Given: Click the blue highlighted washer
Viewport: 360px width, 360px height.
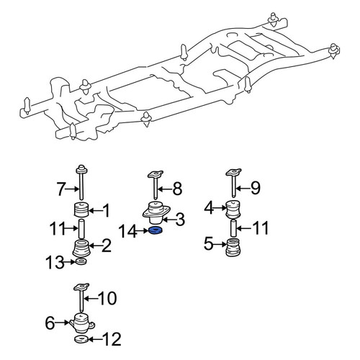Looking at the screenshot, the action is (156, 230).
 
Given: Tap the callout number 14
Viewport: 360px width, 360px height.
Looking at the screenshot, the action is (128, 231).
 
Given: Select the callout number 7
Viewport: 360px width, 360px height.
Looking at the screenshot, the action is (60, 189).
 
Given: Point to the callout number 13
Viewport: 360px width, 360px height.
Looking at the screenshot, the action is (55, 262).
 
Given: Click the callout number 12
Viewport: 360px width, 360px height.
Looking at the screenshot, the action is (112, 339).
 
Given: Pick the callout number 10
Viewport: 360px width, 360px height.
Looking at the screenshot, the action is (108, 298).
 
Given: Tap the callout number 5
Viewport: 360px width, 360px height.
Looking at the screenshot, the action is (209, 244).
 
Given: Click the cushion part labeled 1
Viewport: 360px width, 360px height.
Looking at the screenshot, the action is (81, 210).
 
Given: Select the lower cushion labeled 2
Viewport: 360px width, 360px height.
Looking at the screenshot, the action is (81, 248).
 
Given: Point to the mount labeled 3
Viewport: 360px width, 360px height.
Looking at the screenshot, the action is (156, 213).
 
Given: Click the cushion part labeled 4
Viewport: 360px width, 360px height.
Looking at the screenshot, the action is (233, 209).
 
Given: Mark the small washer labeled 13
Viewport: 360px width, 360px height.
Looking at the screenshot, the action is (81, 261).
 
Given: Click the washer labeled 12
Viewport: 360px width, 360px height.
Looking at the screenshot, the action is (81, 339).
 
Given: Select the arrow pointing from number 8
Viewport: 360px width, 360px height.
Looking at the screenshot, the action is (165, 189).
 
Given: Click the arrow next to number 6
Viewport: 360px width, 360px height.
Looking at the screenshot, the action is (63, 323).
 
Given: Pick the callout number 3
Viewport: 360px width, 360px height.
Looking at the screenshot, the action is (180, 219).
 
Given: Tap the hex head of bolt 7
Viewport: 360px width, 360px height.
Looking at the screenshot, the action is (81, 169).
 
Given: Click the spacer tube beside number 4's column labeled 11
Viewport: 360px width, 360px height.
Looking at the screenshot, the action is (234, 228).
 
